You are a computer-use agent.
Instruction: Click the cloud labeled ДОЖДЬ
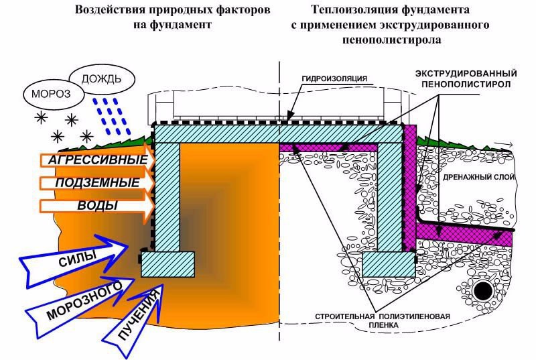(102, 78)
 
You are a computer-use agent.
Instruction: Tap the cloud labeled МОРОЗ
(54, 95)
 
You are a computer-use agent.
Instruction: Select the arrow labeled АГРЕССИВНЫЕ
(97, 160)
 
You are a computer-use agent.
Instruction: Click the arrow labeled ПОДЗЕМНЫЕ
(97, 182)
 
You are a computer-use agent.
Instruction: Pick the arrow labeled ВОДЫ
(97, 206)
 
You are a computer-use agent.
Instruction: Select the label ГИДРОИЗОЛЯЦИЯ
(334, 78)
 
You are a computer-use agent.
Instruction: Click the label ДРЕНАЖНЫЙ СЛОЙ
(478, 177)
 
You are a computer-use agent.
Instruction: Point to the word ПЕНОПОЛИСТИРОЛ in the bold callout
(466, 84)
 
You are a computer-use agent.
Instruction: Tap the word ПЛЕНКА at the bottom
(383, 325)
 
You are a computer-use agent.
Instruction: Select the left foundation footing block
(168, 264)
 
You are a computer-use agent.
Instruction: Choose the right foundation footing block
(389, 264)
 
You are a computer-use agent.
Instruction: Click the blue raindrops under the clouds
(112, 116)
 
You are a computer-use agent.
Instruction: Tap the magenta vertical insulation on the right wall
(410, 188)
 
